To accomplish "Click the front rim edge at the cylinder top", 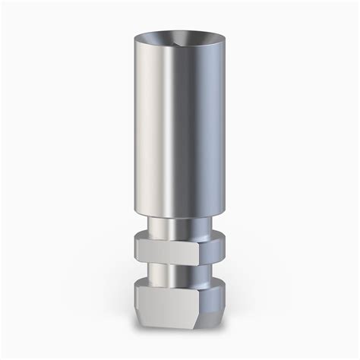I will click(x=179, y=49).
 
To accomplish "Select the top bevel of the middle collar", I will click(x=179, y=236).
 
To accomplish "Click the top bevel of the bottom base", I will click(x=179, y=283).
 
